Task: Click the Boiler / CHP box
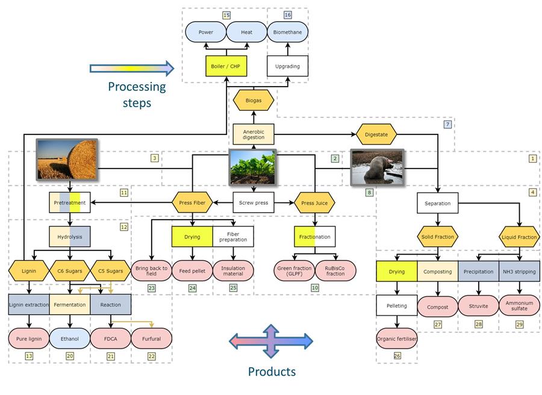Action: click(x=226, y=66)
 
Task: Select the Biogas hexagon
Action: click(x=253, y=100)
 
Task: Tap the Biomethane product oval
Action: click(x=287, y=32)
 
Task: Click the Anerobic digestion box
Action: click(x=253, y=133)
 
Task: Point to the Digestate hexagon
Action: click(x=376, y=134)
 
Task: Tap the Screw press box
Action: click(x=253, y=203)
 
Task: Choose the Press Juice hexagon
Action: click(x=314, y=203)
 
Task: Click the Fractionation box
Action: click(x=314, y=237)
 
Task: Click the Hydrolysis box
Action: click(x=69, y=237)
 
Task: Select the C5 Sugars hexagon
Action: click(x=110, y=271)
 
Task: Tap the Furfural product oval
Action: click(x=151, y=338)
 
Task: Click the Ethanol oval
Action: click(x=69, y=338)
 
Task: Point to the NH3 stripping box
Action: click(x=519, y=271)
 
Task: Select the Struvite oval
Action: click(x=478, y=305)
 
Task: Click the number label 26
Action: click(x=397, y=356)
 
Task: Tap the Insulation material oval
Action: click(x=233, y=270)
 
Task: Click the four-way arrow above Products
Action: click(x=271, y=341)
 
